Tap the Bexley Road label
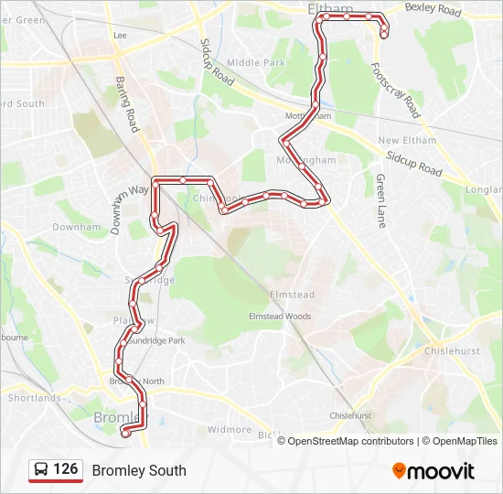[433, 9]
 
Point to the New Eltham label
[407, 140]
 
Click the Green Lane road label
[380, 201]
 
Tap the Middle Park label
[256, 62]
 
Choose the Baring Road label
[126, 103]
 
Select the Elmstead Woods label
[280, 317]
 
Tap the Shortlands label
[34, 398]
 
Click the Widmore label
[229, 429]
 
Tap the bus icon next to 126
[41, 470]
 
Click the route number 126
[66, 469]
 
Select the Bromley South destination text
[138, 470]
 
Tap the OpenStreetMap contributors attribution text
[350, 441]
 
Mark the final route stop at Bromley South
[125, 435]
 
